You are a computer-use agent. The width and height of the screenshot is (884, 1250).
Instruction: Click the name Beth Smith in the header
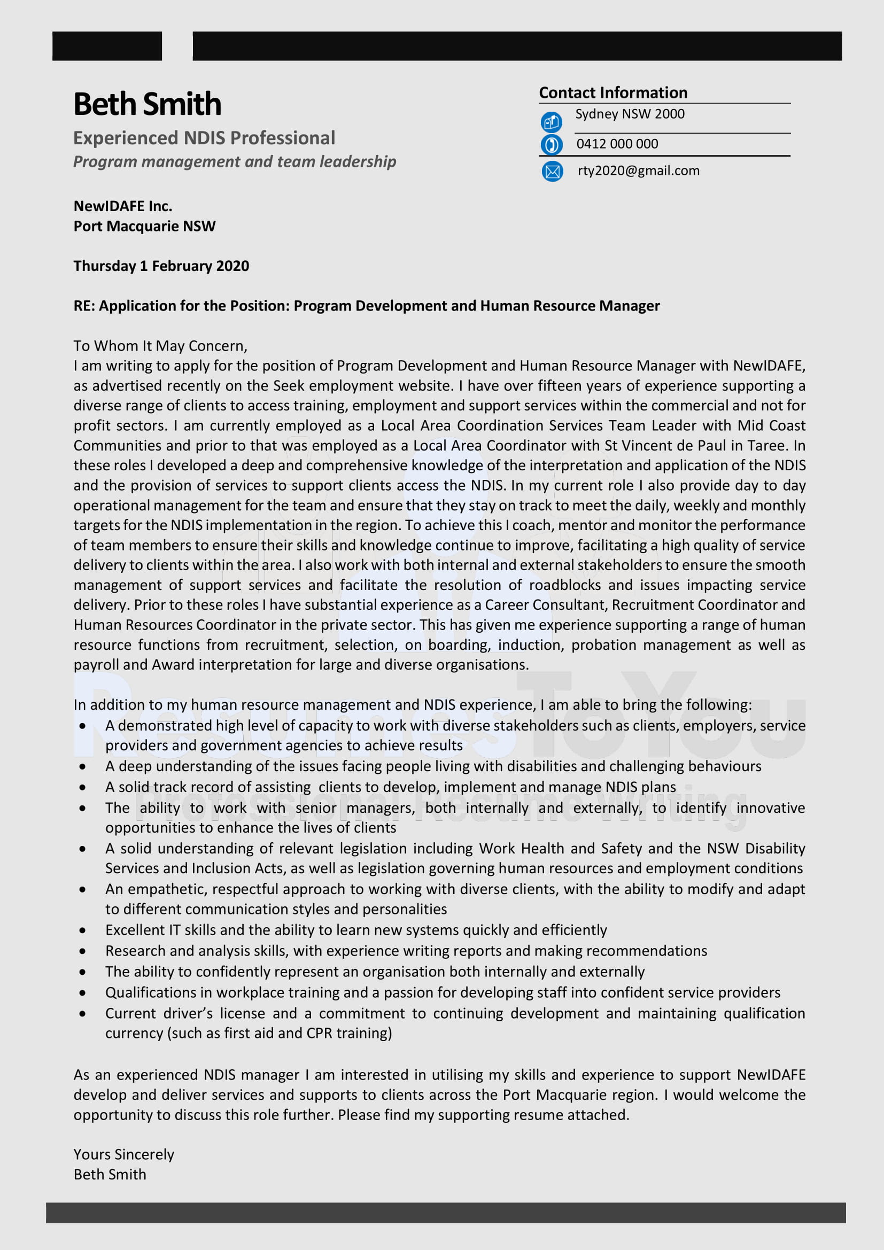pos(147,104)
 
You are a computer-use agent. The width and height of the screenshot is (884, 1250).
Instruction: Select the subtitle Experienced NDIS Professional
pos(204,138)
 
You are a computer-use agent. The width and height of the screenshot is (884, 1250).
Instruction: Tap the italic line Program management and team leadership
pos(235,162)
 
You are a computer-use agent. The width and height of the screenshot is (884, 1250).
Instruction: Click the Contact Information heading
pos(613,92)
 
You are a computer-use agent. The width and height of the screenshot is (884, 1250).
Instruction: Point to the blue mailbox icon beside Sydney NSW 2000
pos(551,122)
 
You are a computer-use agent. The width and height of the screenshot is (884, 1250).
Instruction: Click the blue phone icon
pos(551,145)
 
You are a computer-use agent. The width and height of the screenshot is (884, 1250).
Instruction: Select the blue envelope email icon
pos(552,172)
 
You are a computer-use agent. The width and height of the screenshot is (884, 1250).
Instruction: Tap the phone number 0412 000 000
pos(617,144)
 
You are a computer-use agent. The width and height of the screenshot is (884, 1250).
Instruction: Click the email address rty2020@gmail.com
pos(638,170)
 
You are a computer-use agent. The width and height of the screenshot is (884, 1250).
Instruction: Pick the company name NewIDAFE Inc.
pos(123,206)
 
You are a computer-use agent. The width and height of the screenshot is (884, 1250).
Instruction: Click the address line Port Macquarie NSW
pos(144,226)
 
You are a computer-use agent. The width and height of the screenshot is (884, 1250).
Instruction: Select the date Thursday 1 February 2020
pos(161,266)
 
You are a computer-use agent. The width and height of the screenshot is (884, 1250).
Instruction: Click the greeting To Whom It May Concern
pos(160,346)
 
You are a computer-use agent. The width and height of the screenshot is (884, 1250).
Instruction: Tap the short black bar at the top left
pos(107,46)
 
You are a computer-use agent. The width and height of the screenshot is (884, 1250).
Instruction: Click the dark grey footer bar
pos(445,1213)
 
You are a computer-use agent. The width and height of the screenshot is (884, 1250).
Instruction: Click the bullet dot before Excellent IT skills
pos(82,930)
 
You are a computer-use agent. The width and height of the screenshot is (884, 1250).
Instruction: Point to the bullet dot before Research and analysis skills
pos(82,951)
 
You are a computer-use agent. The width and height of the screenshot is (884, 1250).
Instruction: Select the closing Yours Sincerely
pos(123,1154)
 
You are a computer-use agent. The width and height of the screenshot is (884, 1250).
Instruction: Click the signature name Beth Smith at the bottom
pos(110,1174)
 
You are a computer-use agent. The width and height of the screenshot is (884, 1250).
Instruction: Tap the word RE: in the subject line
pos(84,306)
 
